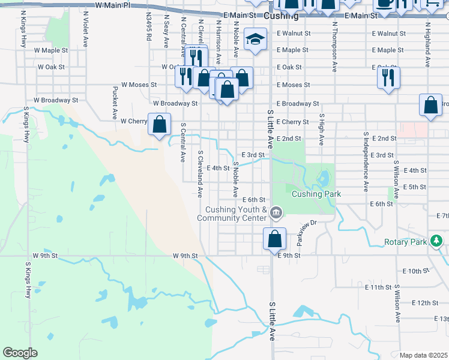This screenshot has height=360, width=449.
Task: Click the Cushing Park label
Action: (x=316, y=194)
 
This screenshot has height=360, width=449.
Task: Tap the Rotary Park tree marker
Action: (x=436, y=241)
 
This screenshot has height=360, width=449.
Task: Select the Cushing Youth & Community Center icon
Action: (x=276, y=212)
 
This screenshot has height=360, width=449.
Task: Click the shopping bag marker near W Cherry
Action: (x=159, y=125)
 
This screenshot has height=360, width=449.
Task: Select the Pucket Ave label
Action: (x=114, y=101)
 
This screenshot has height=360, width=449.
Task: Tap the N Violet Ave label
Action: (x=86, y=24)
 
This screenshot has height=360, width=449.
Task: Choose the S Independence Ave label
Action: (x=365, y=160)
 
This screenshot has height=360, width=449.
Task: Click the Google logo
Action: (x=20, y=353)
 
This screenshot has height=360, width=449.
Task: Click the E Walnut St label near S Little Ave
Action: (x=294, y=34)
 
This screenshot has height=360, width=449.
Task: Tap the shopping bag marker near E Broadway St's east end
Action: (x=430, y=105)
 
